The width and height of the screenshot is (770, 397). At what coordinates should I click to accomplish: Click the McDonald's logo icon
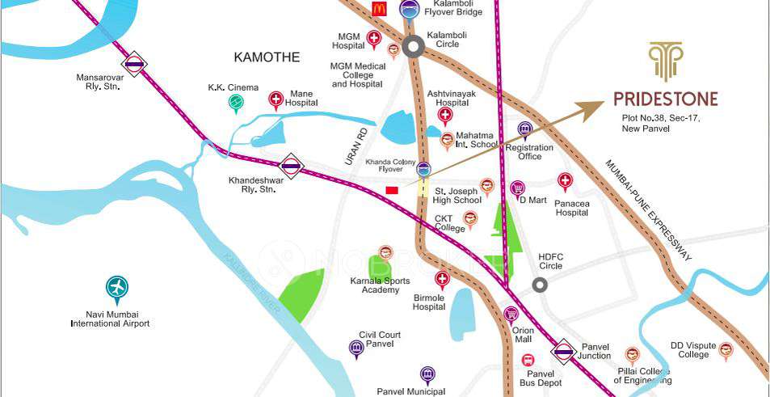pyautogui.click(x=379, y=9)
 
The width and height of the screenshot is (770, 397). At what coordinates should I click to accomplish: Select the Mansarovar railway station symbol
pyautogui.click(x=134, y=63)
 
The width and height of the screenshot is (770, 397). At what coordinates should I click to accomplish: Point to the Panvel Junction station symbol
pyautogui.click(x=563, y=352)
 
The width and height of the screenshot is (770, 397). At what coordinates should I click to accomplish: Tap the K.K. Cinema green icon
pyautogui.click(x=235, y=101)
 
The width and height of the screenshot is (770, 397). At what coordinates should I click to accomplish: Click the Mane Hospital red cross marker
pyautogui.click(x=276, y=99)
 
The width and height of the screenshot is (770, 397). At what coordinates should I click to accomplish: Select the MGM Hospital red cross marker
pyautogui.click(x=374, y=38)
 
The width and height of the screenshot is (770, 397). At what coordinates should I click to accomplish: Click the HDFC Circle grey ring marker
pyautogui.click(x=540, y=284)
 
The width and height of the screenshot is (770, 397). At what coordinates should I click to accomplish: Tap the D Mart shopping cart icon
pyautogui.click(x=518, y=188)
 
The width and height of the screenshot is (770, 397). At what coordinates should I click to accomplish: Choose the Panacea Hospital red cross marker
pyautogui.click(x=566, y=180)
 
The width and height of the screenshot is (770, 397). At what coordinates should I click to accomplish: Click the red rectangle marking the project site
pyautogui.click(x=392, y=190)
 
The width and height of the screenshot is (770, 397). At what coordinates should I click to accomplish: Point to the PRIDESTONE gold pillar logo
pyautogui.click(x=666, y=61)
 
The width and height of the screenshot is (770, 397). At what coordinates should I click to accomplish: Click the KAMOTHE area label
pyautogui.click(x=267, y=57)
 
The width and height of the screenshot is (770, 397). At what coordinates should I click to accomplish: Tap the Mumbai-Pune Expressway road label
pyautogui.click(x=646, y=209)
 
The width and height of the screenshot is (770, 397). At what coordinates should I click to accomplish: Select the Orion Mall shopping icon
pyautogui.click(x=511, y=314)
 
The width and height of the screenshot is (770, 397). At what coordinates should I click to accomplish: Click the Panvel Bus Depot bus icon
pyautogui.click(x=528, y=361)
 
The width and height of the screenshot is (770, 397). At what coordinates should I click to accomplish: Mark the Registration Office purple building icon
pyautogui.click(x=525, y=129)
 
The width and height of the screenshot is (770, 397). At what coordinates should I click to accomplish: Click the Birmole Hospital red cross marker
pyautogui.click(x=441, y=279)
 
